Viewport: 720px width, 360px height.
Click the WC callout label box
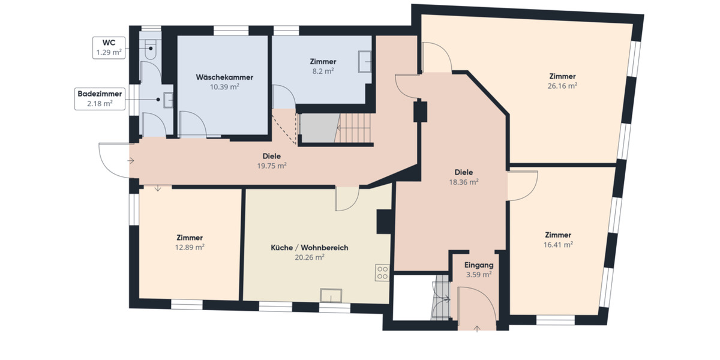[x=109, y=47]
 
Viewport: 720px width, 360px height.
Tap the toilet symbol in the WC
[x=150, y=49]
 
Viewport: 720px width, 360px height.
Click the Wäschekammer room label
[x=224, y=78]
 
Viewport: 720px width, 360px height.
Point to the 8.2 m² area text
[x=323, y=70]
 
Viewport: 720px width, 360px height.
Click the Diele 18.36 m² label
[x=464, y=176]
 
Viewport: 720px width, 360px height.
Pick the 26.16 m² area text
[x=562, y=86]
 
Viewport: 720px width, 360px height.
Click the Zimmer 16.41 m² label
[x=558, y=239]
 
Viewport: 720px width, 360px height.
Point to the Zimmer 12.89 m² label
[x=190, y=242]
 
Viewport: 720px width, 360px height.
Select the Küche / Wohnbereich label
[x=309, y=252]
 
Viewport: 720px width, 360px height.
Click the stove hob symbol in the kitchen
[x=382, y=273]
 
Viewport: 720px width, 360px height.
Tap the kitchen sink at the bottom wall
[x=331, y=296]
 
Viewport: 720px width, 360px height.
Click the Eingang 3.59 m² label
[x=479, y=269]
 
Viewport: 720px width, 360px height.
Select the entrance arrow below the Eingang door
[x=478, y=328]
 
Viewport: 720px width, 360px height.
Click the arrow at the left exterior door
[x=131, y=160]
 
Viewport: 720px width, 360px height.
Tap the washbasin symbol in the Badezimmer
[x=168, y=101]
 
